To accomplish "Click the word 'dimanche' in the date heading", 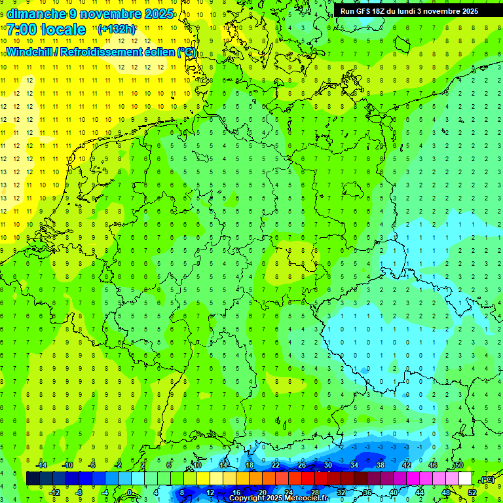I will click(36, 14).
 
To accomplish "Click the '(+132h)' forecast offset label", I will click(116, 29).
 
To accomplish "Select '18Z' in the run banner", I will click(379, 11).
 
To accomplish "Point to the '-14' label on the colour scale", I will click(41, 465).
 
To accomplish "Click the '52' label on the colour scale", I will click(472, 493).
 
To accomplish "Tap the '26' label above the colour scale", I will click(301, 465).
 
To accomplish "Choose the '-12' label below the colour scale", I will click(54, 493).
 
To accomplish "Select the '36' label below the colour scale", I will click(367, 493).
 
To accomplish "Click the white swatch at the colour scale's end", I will click(465, 479).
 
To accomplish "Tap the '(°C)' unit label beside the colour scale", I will click(487, 479).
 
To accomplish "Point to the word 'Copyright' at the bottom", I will click(248, 498).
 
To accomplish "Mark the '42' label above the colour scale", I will click(406, 465).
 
